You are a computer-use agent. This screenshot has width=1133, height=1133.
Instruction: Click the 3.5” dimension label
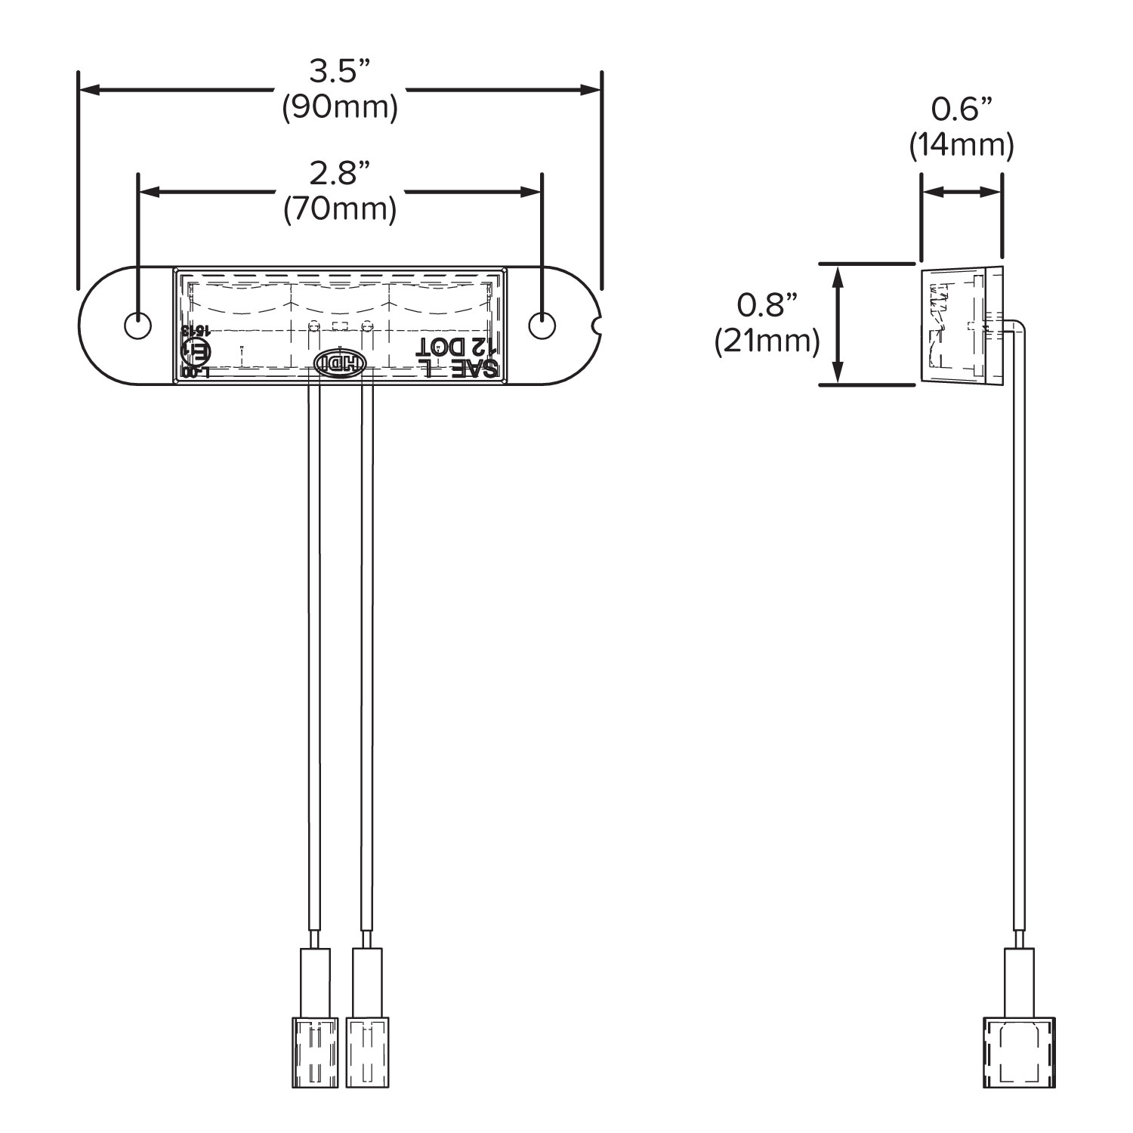pos(339,72)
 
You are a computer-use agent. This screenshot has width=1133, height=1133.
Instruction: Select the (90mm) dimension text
pos(339,108)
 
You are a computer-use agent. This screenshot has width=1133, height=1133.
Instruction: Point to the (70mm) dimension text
pos(339,209)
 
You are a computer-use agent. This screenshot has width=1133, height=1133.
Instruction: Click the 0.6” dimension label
pos(961,110)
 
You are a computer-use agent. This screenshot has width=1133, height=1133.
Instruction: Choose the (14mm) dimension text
pos(961,144)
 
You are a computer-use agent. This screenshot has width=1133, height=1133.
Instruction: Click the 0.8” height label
pos(767,305)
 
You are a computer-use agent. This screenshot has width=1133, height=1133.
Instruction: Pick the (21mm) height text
pos(767,341)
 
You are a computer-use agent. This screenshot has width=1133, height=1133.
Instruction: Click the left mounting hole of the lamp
pos(137,326)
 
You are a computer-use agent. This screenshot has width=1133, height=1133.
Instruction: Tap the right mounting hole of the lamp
pos(542,326)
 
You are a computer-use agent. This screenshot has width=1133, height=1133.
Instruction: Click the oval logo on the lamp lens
pos(339,363)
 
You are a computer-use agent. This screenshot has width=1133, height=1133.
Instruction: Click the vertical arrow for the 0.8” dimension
pos(837,324)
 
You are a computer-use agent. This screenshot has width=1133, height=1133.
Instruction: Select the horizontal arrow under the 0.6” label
pos(961,193)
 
